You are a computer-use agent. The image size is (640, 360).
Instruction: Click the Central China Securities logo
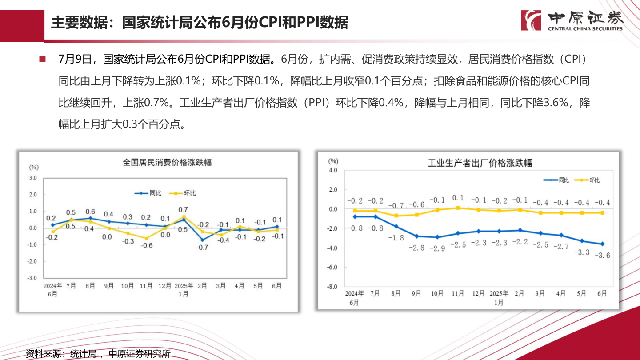coord(572,20)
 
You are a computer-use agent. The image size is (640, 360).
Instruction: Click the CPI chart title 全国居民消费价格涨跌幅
coord(167,162)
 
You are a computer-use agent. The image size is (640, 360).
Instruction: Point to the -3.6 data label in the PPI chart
coord(603,256)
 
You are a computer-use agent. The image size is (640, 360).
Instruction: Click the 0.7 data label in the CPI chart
coord(183,209)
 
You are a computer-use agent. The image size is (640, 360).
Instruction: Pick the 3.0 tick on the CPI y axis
coord(32,178)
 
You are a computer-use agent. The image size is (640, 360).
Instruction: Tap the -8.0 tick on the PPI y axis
coord(332,287)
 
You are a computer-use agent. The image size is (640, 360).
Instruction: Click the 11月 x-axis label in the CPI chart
coord(146,286)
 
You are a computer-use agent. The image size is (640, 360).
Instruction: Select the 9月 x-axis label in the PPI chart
coord(416,293)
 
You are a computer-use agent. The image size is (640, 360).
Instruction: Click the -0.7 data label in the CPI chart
coord(202,248)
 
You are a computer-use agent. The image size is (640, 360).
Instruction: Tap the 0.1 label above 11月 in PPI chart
coord(458,198)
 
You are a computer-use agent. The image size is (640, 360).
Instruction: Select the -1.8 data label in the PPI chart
coord(396,238)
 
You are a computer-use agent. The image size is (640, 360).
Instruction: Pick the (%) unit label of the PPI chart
coord(333,161)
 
